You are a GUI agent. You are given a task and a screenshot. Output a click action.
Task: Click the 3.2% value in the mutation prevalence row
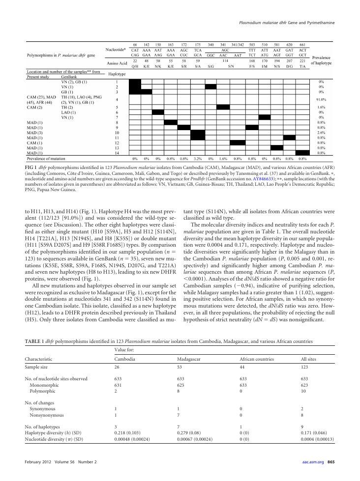pos(197,159)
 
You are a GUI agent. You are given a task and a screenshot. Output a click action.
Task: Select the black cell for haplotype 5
pos(223,107)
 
